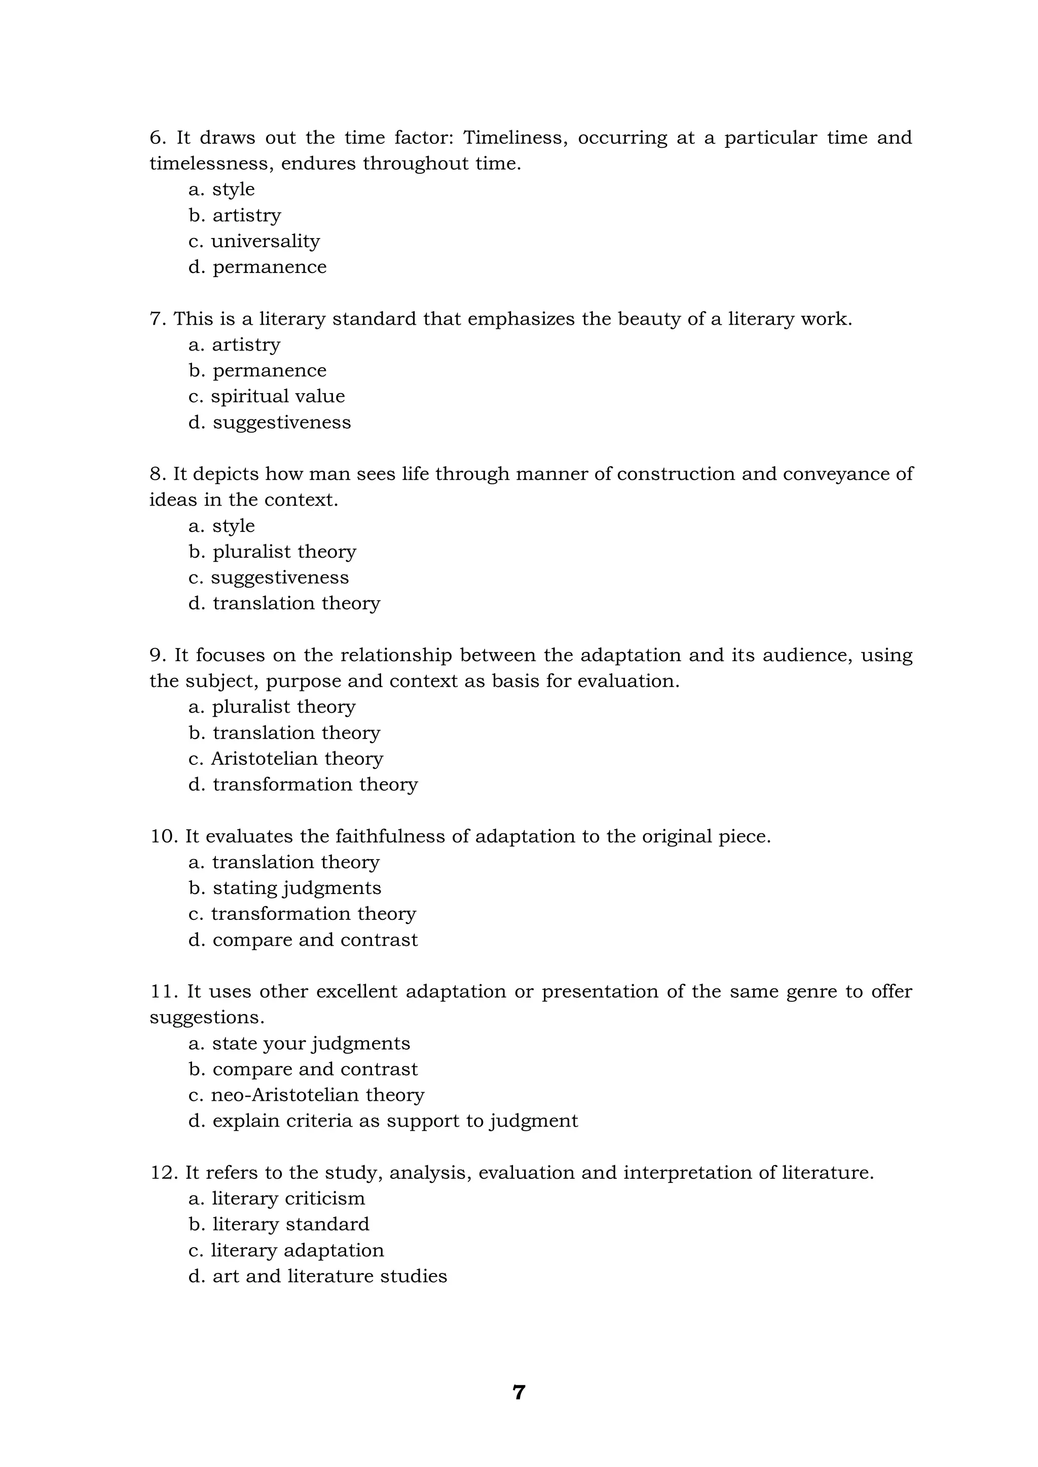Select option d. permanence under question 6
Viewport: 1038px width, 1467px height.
click(x=257, y=267)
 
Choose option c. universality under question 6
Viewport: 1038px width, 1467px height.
click(x=254, y=242)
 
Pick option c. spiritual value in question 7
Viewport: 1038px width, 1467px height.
click(x=267, y=397)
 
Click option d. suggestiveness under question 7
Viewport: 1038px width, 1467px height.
click(x=270, y=423)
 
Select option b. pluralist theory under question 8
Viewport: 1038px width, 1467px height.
click(x=272, y=552)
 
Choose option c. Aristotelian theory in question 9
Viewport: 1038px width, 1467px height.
click(x=286, y=759)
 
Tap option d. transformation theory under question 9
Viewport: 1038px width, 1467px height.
click(x=303, y=785)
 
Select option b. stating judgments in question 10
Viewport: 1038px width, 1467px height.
click(x=285, y=888)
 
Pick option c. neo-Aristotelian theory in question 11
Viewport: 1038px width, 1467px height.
click(x=306, y=1095)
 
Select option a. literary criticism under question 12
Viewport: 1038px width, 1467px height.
click(x=277, y=1199)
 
